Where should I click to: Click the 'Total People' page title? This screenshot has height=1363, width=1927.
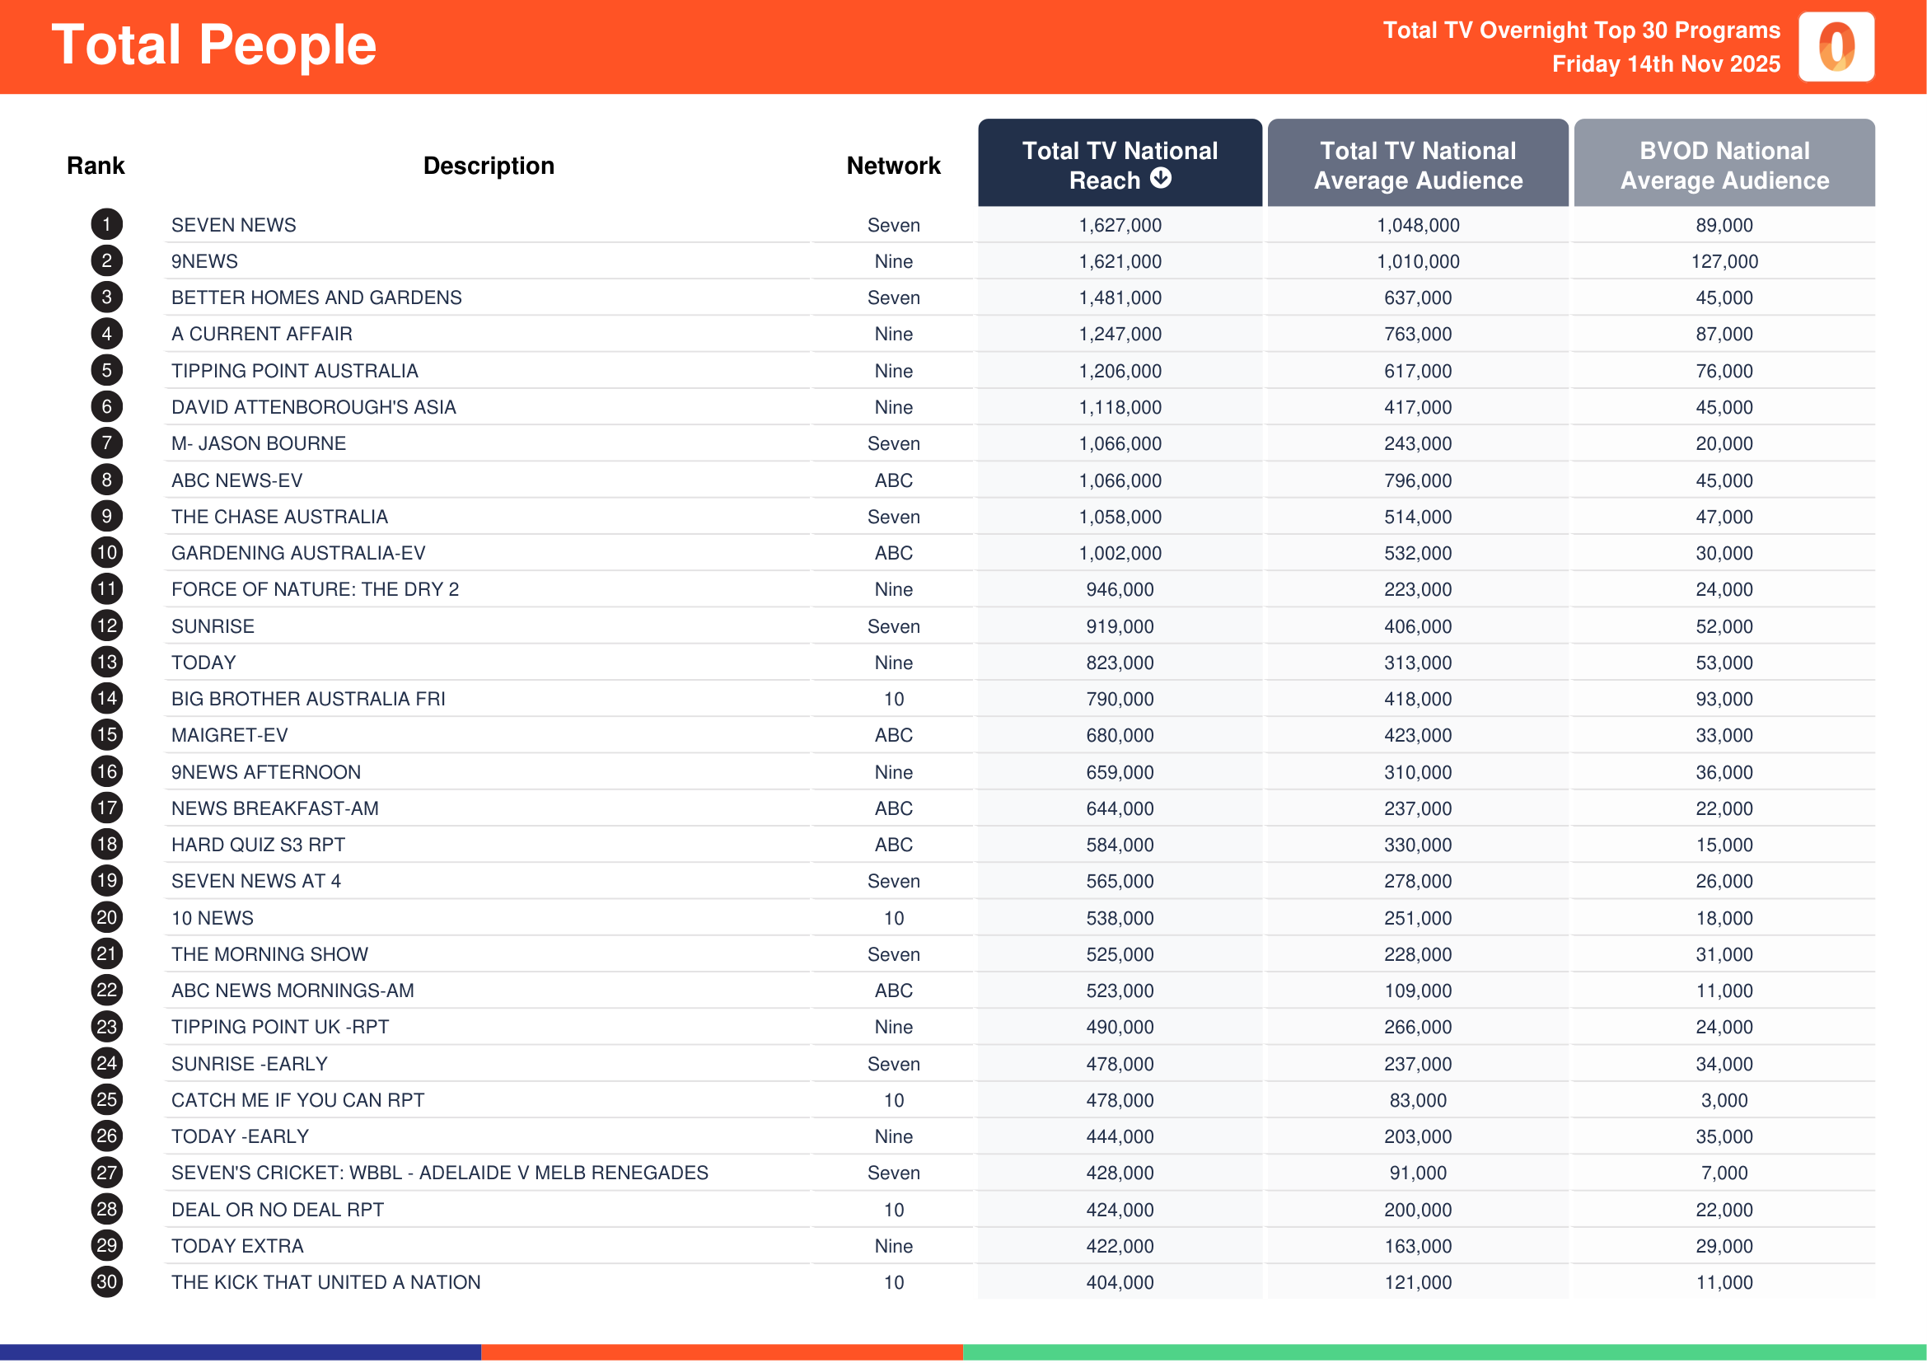click(214, 45)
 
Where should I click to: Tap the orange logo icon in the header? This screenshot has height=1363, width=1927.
click(1836, 47)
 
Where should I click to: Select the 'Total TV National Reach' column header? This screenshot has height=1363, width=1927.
click(1119, 165)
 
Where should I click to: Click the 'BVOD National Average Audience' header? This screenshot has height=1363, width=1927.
click(1724, 165)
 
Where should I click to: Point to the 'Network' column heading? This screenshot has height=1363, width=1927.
click(893, 166)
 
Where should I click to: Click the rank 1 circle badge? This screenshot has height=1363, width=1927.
click(106, 225)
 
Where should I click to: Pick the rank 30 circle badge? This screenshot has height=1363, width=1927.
click(106, 1281)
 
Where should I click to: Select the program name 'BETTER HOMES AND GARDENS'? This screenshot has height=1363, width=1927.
click(316, 298)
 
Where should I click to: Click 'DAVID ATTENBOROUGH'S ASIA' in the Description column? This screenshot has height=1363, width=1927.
click(313, 407)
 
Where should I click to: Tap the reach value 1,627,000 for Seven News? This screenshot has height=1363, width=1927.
click(1120, 225)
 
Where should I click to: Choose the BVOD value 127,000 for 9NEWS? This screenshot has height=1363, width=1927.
click(1724, 262)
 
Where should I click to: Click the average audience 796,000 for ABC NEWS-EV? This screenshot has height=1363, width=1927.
click(1418, 481)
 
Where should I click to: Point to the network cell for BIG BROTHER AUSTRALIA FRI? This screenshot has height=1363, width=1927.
click(893, 699)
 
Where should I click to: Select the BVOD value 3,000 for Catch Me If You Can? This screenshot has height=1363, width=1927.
click(1724, 1100)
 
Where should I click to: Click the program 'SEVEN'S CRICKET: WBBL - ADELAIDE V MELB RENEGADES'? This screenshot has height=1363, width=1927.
click(440, 1173)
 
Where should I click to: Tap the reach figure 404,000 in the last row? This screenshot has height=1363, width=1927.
click(1120, 1282)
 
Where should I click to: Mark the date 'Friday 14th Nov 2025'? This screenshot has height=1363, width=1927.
click(1665, 64)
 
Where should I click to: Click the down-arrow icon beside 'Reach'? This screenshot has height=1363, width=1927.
click(1161, 178)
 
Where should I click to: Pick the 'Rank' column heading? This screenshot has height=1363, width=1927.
click(96, 166)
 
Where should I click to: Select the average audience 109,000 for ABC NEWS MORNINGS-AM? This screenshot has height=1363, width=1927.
click(1418, 991)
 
